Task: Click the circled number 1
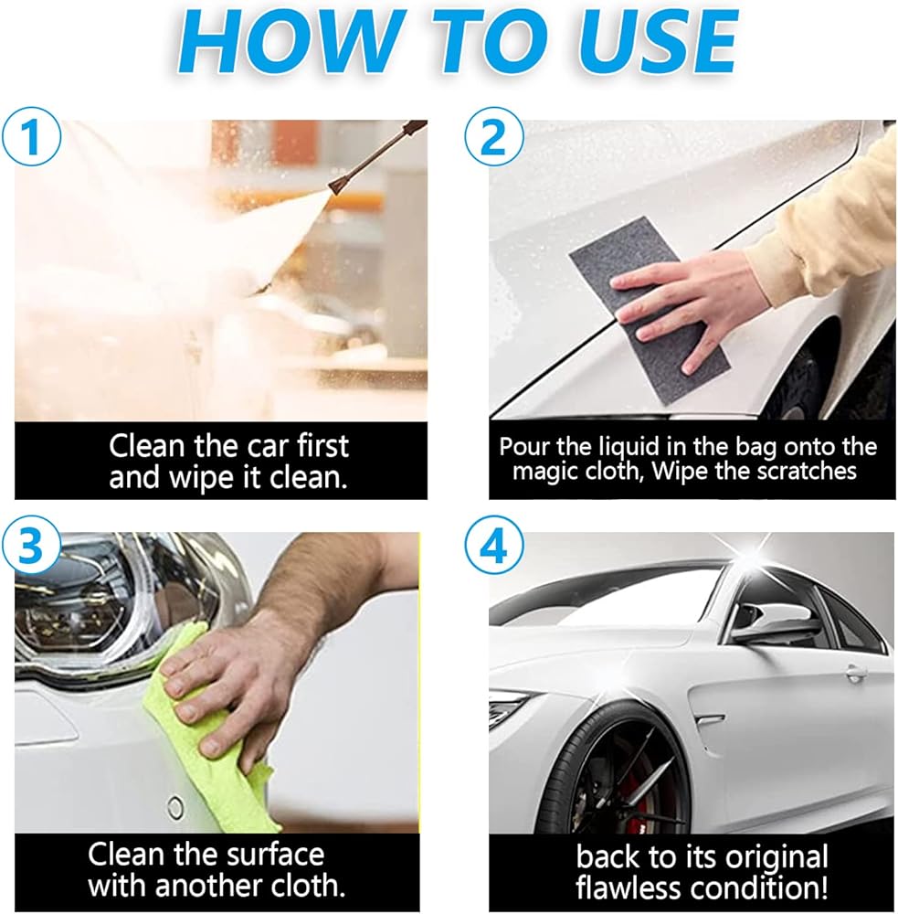point(31,138)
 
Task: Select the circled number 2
point(493,138)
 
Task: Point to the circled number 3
point(31,547)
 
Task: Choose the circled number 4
point(493,547)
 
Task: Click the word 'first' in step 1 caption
point(322,446)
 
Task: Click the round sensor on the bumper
point(174,807)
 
